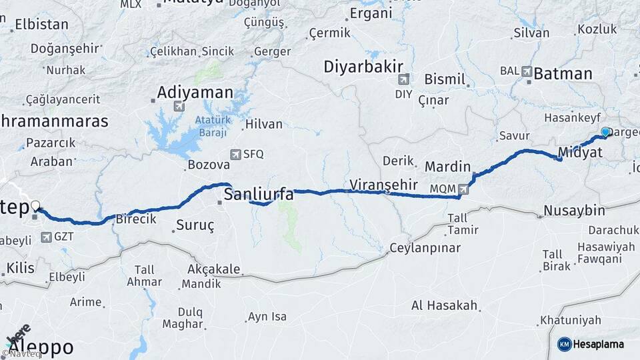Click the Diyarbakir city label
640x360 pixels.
364,67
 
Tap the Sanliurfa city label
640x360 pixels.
258,195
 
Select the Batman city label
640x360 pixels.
563,74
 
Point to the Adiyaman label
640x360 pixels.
195,93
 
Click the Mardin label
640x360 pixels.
447,167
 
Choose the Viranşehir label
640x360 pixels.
383,185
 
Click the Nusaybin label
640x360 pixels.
574,211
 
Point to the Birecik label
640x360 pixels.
136,219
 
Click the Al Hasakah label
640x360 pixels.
445,306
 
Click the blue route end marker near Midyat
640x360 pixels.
605,132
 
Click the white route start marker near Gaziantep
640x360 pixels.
35,207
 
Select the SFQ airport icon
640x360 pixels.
235,154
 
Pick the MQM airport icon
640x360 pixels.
463,189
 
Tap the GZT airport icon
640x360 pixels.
46,237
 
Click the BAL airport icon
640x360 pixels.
527,71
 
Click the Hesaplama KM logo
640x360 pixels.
564,344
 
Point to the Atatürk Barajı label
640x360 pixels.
211,125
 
